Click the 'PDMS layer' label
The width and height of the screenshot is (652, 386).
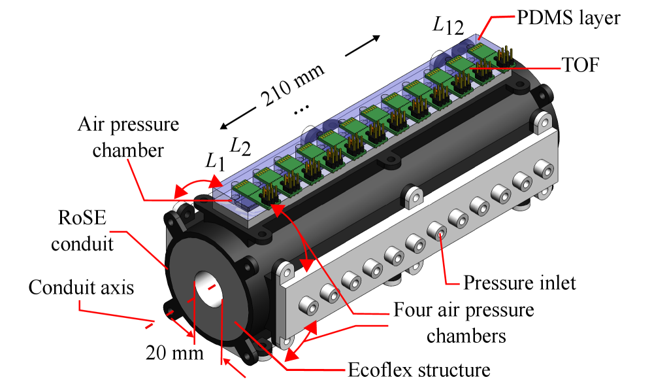click(x=568, y=18)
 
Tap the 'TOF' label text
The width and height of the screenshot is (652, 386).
click(x=580, y=65)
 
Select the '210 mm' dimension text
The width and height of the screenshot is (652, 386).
click(x=293, y=85)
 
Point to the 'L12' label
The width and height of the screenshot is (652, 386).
click(x=448, y=26)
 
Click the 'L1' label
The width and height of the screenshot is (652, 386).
click(x=216, y=161)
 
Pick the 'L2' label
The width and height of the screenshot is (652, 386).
click(x=240, y=146)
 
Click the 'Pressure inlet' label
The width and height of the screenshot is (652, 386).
click(x=519, y=283)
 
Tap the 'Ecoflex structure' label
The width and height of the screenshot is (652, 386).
click(x=419, y=370)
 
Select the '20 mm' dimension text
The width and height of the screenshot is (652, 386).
click(x=174, y=353)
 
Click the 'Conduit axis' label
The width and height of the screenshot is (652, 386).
click(x=81, y=287)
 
